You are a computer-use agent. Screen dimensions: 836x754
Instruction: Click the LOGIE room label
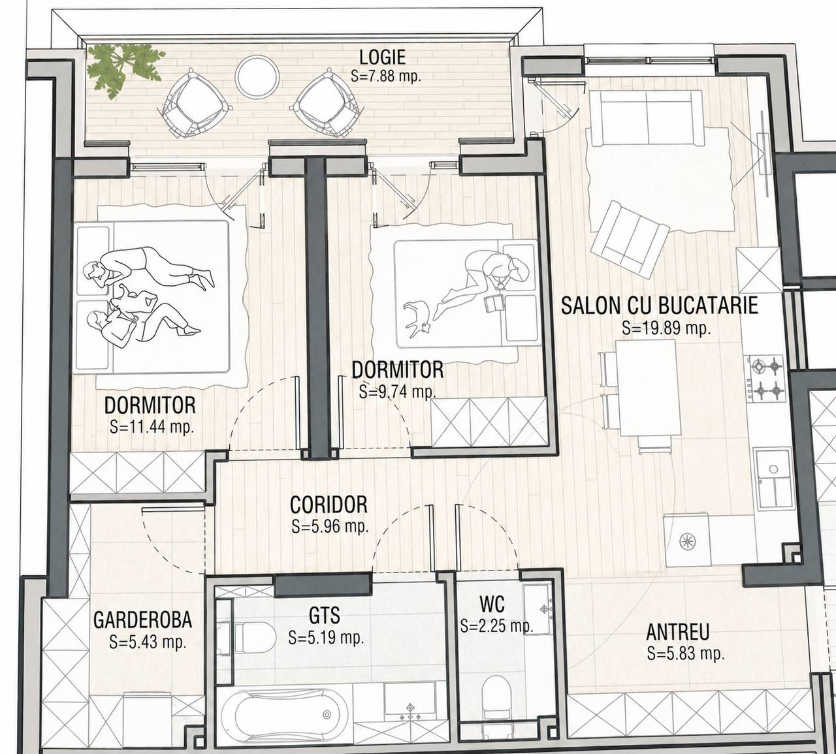[x=383, y=57]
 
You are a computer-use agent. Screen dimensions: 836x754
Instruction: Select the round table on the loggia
[x=257, y=77]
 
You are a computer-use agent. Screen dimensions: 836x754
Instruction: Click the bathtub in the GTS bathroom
[x=285, y=715]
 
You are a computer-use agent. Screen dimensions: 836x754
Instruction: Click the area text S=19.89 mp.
[x=666, y=328]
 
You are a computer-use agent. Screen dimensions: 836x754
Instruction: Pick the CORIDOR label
[x=329, y=505]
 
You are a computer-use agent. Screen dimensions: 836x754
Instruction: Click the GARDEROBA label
[x=142, y=620]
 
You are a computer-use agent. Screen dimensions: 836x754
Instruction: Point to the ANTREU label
[x=678, y=632]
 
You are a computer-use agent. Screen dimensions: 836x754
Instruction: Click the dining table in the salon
[x=648, y=388]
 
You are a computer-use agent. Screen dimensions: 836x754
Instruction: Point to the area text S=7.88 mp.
[x=386, y=76]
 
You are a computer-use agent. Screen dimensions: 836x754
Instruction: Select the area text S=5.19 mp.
[x=327, y=637]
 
